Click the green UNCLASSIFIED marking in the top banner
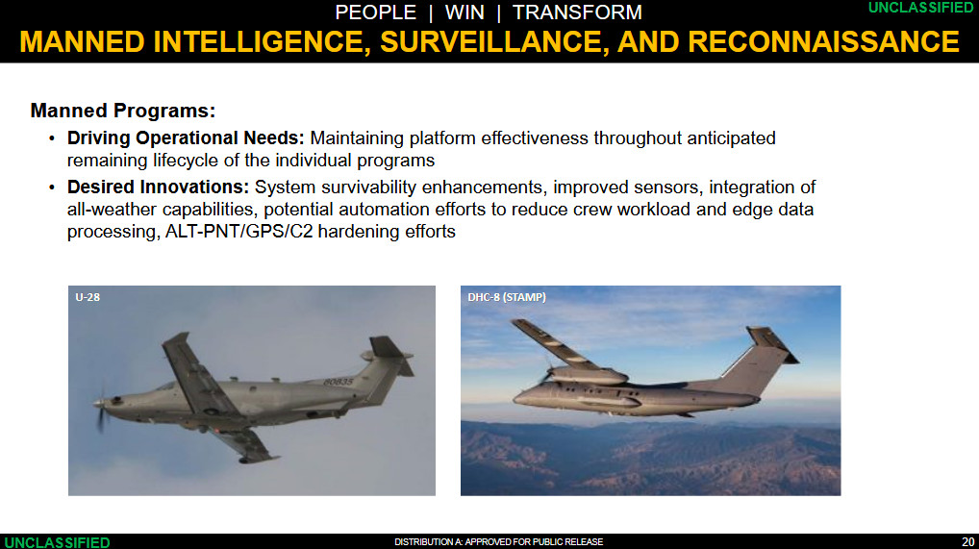point(920,8)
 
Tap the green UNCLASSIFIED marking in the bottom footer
point(57,542)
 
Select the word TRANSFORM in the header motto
point(577,12)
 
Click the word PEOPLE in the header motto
point(375,12)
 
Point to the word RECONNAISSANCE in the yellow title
point(823,42)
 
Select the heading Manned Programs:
point(123,111)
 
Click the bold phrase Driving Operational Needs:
point(186,138)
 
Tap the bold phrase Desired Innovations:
point(159,187)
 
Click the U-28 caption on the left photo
point(88,297)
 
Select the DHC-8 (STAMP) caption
point(507,297)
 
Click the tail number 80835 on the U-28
point(339,382)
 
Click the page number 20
point(967,541)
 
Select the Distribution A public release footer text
point(499,541)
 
